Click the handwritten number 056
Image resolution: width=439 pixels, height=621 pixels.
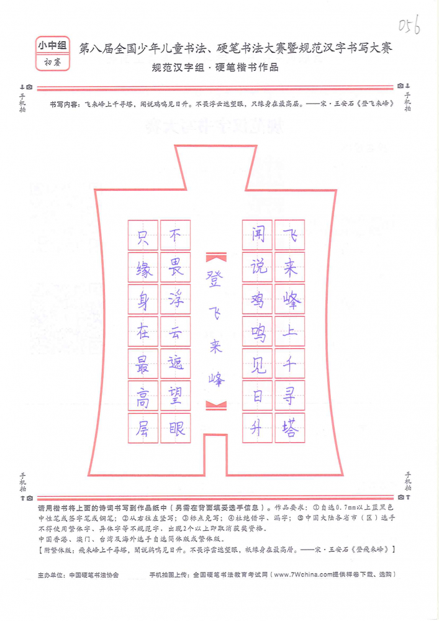pyautogui.click(x=409, y=25)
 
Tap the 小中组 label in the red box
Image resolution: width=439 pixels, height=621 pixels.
pyautogui.click(x=52, y=46)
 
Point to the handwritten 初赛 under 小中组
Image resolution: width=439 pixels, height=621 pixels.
pyautogui.click(x=52, y=62)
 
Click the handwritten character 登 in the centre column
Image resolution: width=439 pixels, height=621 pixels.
pyautogui.click(x=215, y=278)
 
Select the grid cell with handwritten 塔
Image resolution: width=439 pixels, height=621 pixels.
pyautogui.click(x=290, y=428)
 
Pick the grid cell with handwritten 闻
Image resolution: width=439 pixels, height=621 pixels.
pyautogui.click(x=257, y=235)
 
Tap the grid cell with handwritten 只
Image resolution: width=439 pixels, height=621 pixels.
pyautogui.click(x=143, y=235)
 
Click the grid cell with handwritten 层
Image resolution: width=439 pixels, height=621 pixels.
pyautogui.click(x=143, y=428)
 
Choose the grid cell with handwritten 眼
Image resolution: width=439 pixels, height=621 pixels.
pyautogui.click(x=175, y=428)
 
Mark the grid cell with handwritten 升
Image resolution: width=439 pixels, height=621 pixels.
pyautogui.click(x=257, y=428)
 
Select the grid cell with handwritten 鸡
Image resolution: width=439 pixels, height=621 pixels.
pyautogui.click(x=257, y=299)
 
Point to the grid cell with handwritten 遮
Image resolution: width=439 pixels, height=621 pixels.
pyautogui.click(x=175, y=363)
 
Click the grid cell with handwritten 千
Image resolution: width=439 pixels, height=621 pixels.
pyautogui.click(x=290, y=363)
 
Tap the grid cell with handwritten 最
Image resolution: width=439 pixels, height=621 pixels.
pyautogui.click(x=143, y=363)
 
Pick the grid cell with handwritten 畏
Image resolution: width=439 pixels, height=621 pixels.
pyautogui.click(x=175, y=267)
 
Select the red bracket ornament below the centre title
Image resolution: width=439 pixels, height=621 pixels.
pyautogui.click(x=216, y=405)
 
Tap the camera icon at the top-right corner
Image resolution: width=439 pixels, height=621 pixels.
pyautogui.click(x=401, y=86)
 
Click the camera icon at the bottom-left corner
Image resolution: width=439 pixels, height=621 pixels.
pyautogui.click(x=30, y=498)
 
